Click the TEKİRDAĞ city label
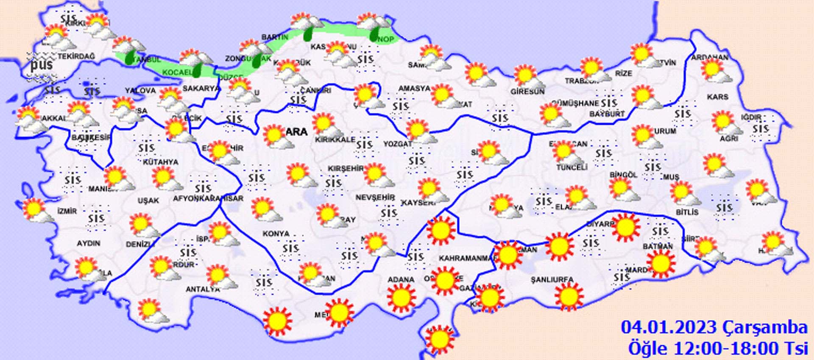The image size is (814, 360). [x=76, y=56]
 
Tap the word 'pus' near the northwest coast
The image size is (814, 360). [x=42, y=64]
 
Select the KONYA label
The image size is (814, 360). [x=276, y=234]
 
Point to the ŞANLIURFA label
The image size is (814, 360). [x=552, y=280]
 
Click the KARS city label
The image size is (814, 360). [x=717, y=97]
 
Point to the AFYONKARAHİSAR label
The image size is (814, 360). [x=208, y=198]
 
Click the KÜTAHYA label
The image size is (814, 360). [x=160, y=162]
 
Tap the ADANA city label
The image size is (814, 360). [x=401, y=279]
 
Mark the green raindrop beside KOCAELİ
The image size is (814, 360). [x=198, y=70]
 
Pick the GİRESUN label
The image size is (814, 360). [x=527, y=92]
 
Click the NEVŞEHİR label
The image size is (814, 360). [x=375, y=198]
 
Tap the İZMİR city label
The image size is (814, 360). [x=67, y=211]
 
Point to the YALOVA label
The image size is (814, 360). [x=140, y=90]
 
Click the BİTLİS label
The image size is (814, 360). [x=687, y=212]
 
